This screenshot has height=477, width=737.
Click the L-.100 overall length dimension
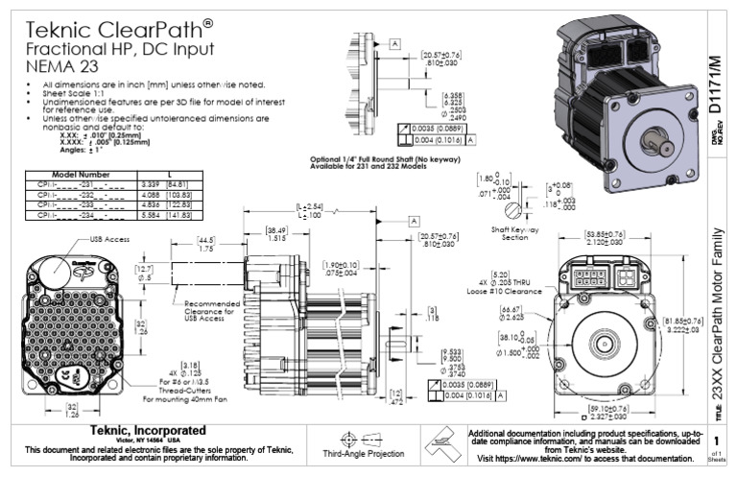pos(310,215)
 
